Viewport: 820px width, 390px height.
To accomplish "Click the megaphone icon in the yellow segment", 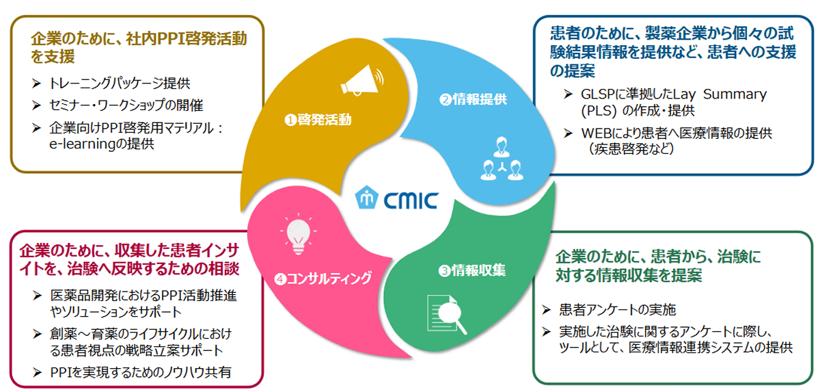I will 361,79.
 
